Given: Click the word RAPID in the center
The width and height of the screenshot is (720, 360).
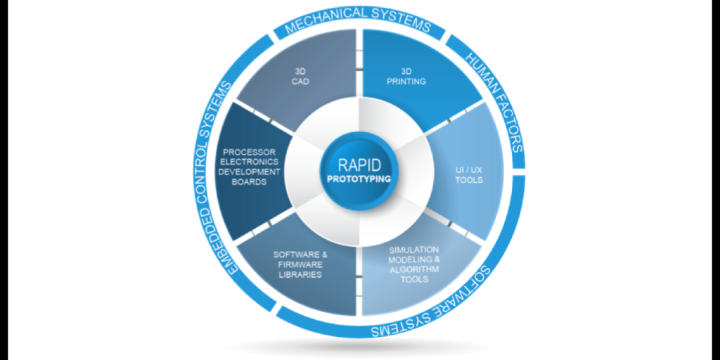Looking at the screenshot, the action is (359, 165).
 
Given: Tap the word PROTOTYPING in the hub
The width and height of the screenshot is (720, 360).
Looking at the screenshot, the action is (359, 178).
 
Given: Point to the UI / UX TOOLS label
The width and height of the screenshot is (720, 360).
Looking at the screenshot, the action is (469, 175).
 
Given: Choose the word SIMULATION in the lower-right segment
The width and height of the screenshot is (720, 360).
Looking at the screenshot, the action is (414, 250).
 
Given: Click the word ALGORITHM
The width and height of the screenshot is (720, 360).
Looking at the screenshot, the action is (415, 269).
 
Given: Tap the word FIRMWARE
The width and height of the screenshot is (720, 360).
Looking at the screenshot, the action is (297, 264).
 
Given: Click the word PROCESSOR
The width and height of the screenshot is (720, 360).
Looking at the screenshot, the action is (250, 152).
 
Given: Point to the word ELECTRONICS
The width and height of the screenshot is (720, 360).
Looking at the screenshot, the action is (248, 162).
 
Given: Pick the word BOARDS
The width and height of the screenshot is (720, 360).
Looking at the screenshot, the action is (248, 182).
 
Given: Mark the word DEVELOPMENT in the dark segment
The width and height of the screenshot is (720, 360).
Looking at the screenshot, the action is (248, 172).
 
